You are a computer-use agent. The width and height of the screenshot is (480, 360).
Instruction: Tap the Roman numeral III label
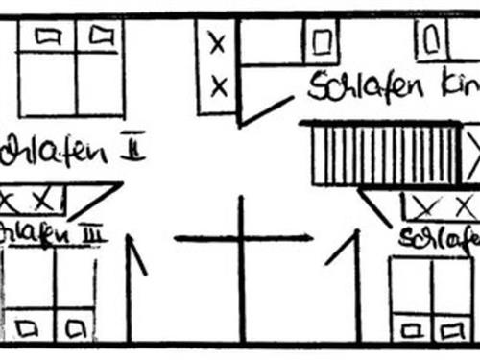[x=93, y=234]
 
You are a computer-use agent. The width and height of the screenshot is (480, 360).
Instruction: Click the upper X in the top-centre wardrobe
[x=218, y=43]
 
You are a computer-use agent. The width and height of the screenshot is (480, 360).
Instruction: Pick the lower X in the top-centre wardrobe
[x=218, y=87]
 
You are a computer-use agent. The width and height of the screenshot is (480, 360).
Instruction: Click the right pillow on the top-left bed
[x=100, y=36]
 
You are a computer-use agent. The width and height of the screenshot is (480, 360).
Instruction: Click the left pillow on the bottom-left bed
[x=26, y=326]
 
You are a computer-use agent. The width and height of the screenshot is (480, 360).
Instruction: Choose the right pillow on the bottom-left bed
[x=73, y=326]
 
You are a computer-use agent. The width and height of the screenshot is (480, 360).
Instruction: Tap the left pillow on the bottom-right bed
[x=410, y=329]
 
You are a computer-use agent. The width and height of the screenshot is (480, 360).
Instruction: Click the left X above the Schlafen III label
[x=12, y=200]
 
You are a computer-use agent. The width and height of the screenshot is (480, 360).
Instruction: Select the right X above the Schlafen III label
[x=41, y=200]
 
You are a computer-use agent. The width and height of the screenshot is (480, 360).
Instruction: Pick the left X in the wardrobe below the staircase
[x=425, y=204]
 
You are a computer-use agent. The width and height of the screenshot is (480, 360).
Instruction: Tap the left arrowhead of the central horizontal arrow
[x=179, y=238]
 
